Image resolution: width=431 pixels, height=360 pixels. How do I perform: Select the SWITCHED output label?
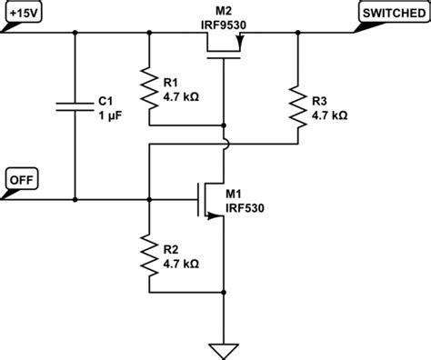click(388, 15)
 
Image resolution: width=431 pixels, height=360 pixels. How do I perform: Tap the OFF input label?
click(20, 177)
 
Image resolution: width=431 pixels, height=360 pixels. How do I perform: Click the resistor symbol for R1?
click(148, 86)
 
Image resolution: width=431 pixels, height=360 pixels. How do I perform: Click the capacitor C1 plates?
click(75, 106)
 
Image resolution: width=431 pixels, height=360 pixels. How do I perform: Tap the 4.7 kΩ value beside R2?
click(180, 262)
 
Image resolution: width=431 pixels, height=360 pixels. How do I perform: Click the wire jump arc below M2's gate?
click(225, 143)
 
